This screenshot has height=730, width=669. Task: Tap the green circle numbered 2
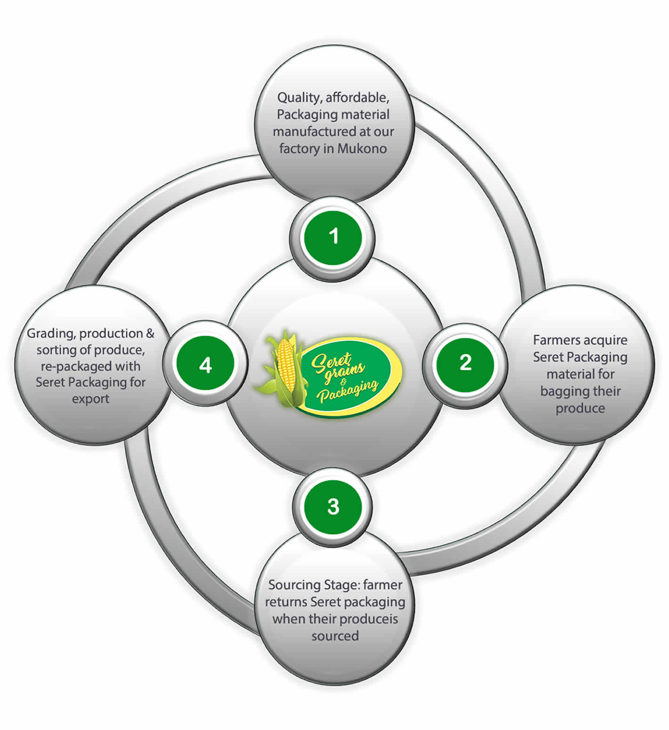(x=465, y=363)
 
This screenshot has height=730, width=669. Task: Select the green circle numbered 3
(x=333, y=507)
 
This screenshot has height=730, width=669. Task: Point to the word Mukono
(x=362, y=148)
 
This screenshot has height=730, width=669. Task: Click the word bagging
(x=563, y=391)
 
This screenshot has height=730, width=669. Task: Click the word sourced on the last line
(x=335, y=636)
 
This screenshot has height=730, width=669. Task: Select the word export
(x=90, y=399)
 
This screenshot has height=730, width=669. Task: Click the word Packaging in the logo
(x=348, y=391)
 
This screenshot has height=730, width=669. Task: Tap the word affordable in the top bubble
(x=357, y=98)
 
